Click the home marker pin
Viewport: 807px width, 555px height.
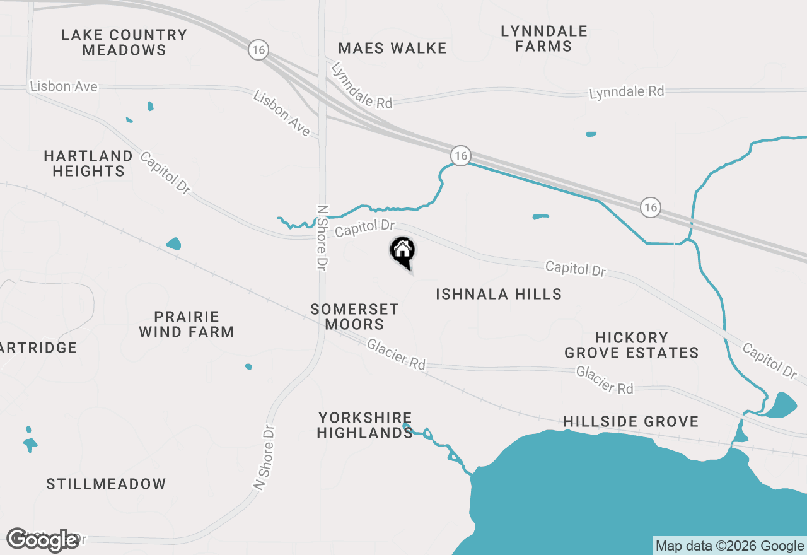[403, 252]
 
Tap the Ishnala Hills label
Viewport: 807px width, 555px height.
[499, 294]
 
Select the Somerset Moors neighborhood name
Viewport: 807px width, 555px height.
[355, 317]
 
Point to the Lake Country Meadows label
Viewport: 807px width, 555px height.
[124, 42]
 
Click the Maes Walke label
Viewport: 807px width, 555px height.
[392, 48]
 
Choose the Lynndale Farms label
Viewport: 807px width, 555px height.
[544, 38]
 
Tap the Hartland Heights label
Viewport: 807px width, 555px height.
[88, 163]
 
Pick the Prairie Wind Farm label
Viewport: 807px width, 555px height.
[187, 324]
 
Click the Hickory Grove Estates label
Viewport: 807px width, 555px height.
[632, 345]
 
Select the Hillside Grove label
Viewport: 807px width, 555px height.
[631, 421]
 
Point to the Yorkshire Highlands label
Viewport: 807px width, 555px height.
[365, 425]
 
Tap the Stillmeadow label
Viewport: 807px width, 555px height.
[107, 484]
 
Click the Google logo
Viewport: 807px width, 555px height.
[42, 540]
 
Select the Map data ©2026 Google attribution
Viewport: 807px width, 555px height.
[729, 546]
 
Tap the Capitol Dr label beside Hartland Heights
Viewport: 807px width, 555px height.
[165, 172]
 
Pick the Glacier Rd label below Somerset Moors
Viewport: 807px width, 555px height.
[396, 354]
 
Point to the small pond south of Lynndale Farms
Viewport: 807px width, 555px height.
[591, 134]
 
